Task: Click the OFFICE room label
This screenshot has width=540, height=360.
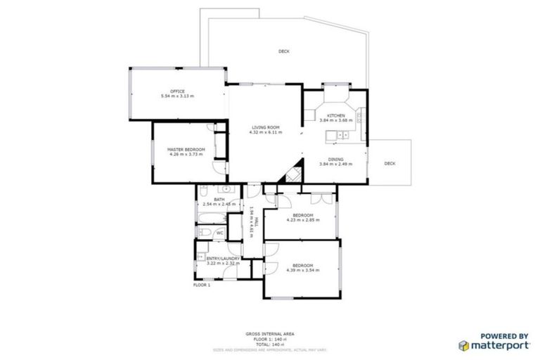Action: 176,91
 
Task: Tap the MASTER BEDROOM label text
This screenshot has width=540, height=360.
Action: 186,150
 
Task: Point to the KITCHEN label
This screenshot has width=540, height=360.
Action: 335,115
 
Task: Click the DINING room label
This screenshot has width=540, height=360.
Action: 335,159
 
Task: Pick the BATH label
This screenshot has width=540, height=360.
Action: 219,200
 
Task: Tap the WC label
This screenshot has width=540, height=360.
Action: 219,233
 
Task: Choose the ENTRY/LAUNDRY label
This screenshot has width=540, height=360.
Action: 223,258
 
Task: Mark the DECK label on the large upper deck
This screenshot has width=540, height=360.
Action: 283,51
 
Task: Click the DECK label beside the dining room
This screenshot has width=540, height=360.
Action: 390,164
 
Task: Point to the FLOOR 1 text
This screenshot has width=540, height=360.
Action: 202,285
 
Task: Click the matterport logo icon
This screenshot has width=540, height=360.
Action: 464,345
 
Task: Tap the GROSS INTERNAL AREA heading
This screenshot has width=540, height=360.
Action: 270,333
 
